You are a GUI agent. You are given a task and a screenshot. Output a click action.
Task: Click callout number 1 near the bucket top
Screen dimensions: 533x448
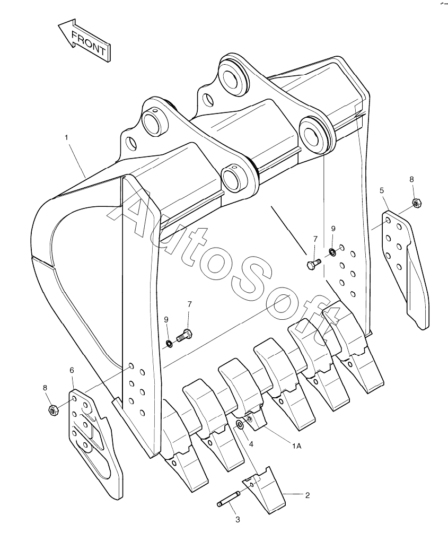(x=66, y=137)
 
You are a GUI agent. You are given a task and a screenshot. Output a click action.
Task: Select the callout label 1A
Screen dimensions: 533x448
(x=296, y=446)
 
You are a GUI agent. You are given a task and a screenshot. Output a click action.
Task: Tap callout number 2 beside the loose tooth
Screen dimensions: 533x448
(x=307, y=495)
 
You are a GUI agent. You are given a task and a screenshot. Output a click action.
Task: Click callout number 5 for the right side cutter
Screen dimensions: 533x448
(x=382, y=190)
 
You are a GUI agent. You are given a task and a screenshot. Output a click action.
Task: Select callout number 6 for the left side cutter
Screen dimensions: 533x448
(x=72, y=370)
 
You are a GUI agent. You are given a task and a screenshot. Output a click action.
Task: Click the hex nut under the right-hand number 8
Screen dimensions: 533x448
(x=417, y=202)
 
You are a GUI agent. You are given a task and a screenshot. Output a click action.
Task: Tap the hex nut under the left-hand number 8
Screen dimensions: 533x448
(x=53, y=409)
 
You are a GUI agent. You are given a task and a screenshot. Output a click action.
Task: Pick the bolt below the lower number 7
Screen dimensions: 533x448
(x=185, y=335)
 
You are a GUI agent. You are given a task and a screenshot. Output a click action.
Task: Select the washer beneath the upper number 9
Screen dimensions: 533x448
(x=332, y=251)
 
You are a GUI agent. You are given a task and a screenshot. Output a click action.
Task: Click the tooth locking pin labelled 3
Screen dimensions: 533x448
(x=229, y=499)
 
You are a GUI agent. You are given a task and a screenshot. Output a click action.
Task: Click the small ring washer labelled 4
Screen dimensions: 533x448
(x=240, y=424)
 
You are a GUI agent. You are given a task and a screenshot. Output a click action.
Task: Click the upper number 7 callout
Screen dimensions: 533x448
(x=315, y=239)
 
